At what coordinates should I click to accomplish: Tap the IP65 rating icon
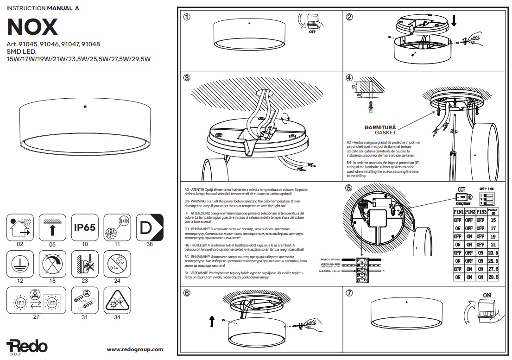(85, 227)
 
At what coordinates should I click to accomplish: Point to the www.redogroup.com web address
(135, 350)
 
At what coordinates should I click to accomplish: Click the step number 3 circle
(187, 78)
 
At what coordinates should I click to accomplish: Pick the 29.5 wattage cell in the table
(493, 277)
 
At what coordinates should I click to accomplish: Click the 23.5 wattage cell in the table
(493, 253)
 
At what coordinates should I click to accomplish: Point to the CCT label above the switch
(461, 190)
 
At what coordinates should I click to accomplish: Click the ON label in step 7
(487, 295)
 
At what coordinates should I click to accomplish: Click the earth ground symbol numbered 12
(19, 264)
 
